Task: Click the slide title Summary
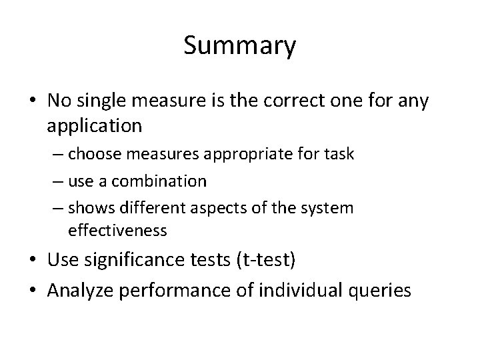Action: point(239,47)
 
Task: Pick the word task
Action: point(339,154)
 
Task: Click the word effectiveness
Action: point(117,231)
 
